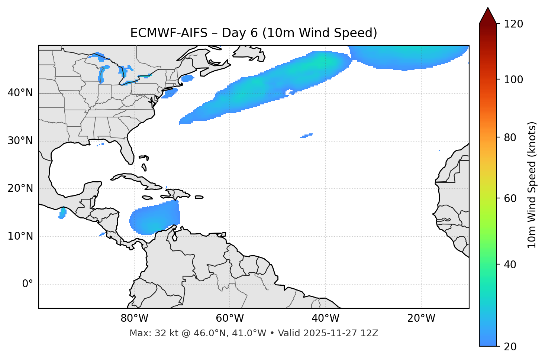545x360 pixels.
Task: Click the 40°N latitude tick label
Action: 20,93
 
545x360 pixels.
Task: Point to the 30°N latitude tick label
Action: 20,141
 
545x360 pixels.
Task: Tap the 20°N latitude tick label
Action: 20,188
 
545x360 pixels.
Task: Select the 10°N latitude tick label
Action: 20,236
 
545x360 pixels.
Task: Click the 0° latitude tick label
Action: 27,284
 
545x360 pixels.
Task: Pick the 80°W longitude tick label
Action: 134,318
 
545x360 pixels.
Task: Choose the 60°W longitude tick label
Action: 230,318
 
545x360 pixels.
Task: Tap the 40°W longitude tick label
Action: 325,318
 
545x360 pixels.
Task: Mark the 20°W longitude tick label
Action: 421,318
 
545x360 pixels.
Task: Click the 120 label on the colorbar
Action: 513,24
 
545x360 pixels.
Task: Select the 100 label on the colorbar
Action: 513,80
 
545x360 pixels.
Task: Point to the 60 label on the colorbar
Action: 510,198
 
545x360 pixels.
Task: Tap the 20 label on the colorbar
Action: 510,347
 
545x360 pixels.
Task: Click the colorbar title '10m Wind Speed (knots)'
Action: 532,185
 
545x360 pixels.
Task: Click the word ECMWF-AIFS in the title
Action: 169,33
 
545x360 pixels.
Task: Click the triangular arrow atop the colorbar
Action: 488,16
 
